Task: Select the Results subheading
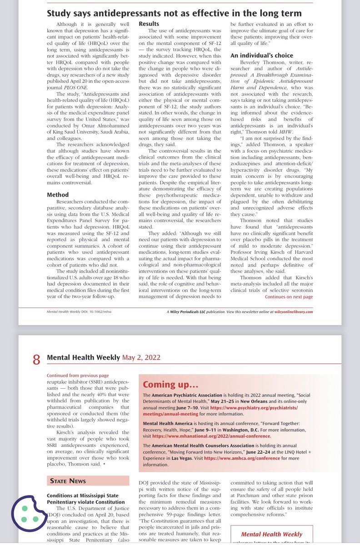[150, 23]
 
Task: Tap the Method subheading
[58, 194]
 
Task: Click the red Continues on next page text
[289, 297]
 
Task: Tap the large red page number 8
[36, 359]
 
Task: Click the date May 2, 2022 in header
[141, 358]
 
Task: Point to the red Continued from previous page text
[78, 376]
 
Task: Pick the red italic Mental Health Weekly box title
[271, 534]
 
